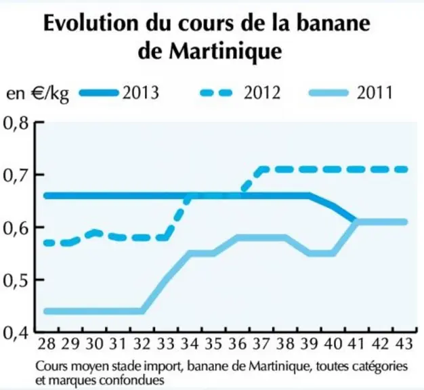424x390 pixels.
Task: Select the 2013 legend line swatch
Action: pos(99,93)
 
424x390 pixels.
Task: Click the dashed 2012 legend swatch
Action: pos(216,93)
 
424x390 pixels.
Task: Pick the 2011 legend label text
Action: pos(375,93)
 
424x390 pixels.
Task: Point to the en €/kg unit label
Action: pos(38,94)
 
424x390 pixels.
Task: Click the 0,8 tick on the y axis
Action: pos(16,123)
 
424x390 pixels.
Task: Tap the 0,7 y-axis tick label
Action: pos(16,175)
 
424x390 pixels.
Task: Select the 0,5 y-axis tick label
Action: pos(16,280)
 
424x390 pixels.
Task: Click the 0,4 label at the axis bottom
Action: pos(16,332)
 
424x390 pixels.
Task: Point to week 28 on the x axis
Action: pos(46,344)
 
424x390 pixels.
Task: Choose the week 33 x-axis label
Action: pos(165,344)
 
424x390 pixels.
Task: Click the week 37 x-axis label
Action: pos(261,344)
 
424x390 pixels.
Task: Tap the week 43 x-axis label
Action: pos(404,344)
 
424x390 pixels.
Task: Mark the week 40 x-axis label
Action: pos(333,344)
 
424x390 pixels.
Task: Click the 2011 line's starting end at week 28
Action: pos(47,311)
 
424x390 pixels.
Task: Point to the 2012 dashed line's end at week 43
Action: pos(405,170)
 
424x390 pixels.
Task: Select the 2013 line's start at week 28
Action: pos(47,196)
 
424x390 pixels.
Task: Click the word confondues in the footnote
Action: pos(131,380)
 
